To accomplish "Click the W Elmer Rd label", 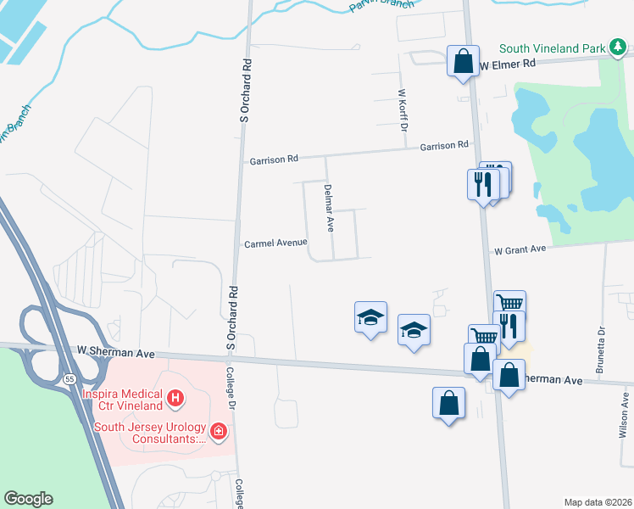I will point(508,64).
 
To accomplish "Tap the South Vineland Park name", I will point(552,49).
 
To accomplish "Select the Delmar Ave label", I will point(329,207).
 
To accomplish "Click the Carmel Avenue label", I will point(275,243).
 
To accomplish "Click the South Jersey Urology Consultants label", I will point(151,433).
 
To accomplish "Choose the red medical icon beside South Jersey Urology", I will point(219,432).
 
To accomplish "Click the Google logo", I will point(28,499).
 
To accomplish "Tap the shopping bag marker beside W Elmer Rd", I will point(463,62).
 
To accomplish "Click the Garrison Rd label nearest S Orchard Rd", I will point(274,159).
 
